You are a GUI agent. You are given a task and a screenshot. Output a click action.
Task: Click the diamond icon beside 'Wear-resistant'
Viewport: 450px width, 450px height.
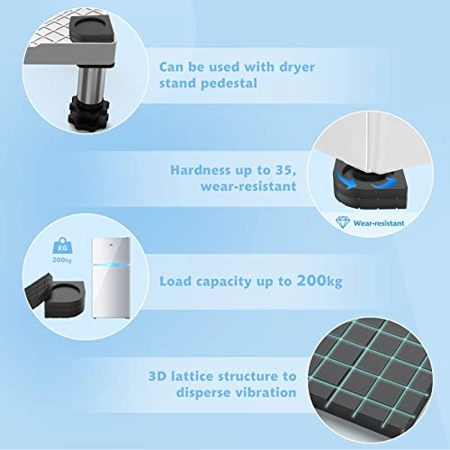345,219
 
